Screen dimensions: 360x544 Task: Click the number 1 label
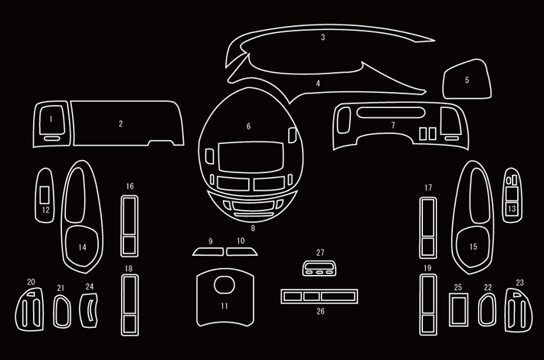(51, 119)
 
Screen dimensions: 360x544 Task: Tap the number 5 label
(467, 80)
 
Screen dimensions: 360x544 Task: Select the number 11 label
(224, 306)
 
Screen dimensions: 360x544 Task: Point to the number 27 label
(320, 252)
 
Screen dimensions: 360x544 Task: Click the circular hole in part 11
(224, 285)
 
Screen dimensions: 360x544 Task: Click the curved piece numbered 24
(90, 310)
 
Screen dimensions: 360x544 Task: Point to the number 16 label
(130, 186)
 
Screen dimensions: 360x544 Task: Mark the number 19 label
(428, 268)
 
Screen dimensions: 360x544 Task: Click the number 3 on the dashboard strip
(323, 37)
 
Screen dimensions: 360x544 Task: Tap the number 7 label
(392, 125)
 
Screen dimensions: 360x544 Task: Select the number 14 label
(82, 247)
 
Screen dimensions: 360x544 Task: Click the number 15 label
(474, 247)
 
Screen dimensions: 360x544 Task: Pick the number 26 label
(320, 312)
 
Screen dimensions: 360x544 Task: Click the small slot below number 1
(51, 139)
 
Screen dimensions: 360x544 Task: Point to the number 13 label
(511, 208)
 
